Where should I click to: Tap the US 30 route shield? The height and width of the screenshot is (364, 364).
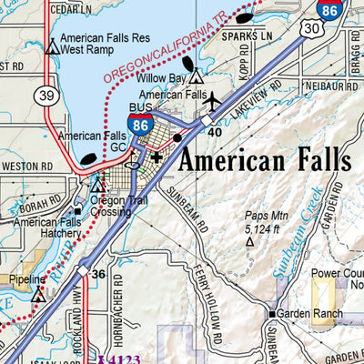tap(313, 30)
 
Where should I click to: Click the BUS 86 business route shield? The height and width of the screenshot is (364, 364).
tap(140, 125)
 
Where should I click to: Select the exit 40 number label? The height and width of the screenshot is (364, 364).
tap(216, 132)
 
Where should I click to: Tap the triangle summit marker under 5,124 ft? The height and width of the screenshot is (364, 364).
tap(250, 243)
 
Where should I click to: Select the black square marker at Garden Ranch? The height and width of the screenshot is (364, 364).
tap(270, 315)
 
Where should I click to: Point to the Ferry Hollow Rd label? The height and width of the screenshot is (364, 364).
tap(211, 300)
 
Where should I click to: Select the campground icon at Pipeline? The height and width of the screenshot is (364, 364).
tap(37, 295)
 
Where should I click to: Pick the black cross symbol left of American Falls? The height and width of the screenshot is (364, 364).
tap(157, 157)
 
